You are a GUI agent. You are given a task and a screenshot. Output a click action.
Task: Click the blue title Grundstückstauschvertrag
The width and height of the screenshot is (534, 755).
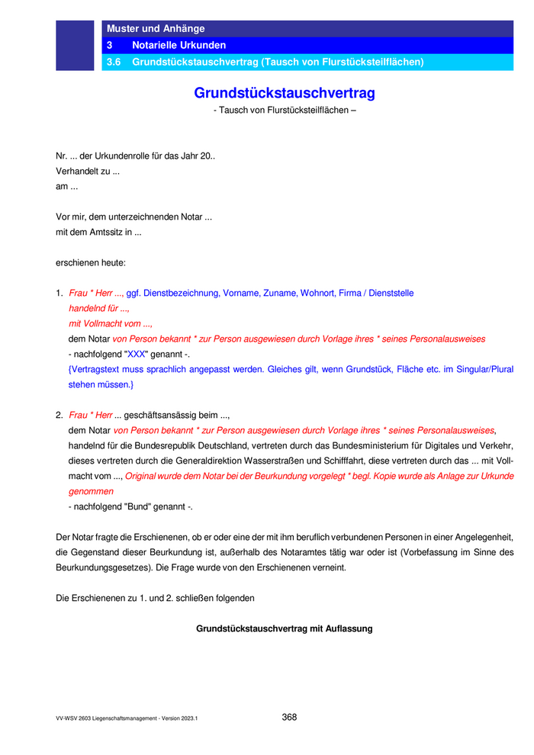click(x=285, y=93)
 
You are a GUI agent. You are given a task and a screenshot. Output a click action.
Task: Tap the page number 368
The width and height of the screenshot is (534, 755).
click(x=289, y=717)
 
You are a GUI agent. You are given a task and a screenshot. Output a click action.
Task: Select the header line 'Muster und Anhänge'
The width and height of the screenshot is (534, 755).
click(x=156, y=29)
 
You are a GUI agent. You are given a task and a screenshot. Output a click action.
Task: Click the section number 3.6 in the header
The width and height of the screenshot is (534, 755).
click(x=114, y=62)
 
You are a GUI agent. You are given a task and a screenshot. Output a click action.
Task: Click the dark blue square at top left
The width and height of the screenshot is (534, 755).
click(x=75, y=46)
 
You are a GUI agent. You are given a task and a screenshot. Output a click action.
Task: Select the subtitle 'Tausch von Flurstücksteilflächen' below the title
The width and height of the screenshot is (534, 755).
click(x=285, y=110)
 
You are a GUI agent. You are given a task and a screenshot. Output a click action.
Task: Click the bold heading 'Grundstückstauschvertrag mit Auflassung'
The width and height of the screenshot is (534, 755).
click(x=285, y=629)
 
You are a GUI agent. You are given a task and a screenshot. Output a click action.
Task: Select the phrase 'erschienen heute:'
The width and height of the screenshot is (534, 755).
click(x=91, y=262)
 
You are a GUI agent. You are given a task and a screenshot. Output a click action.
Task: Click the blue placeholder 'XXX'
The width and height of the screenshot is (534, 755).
click(x=136, y=354)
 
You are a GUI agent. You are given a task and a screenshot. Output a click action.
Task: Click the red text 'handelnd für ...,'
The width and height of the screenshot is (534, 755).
click(x=99, y=308)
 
